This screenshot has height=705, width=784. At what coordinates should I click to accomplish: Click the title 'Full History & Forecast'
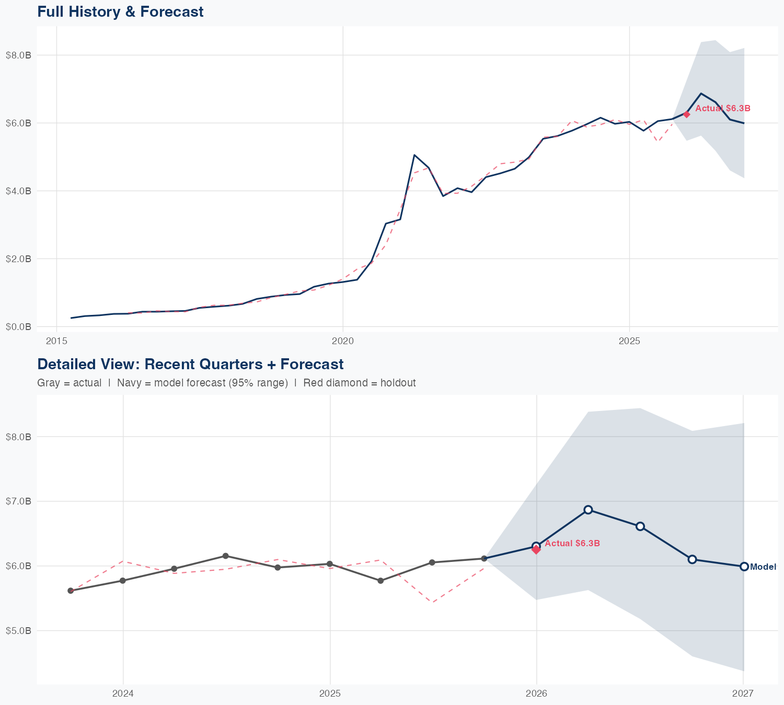(x=120, y=11)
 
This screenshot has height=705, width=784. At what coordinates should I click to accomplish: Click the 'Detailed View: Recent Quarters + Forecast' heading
(x=190, y=364)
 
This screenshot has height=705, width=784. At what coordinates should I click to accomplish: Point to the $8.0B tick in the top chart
(x=18, y=55)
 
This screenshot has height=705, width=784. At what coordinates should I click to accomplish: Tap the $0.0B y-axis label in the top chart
(x=18, y=326)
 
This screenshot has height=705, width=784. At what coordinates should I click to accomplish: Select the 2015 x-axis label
(x=56, y=341)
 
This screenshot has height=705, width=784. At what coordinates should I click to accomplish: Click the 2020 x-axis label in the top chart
(x=343, y=341)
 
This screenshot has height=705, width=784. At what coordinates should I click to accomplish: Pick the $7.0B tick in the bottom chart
(x=18, y=501)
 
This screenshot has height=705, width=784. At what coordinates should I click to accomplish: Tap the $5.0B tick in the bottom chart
(x=18, y=630)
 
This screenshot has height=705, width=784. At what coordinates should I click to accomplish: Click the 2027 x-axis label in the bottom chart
(x=743, y=694)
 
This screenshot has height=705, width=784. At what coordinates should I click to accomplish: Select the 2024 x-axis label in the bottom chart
(x=123, y=694)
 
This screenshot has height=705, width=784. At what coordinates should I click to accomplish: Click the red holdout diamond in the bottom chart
(x=536, y=549)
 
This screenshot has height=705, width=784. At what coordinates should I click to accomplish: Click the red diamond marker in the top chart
(x=687, y=114)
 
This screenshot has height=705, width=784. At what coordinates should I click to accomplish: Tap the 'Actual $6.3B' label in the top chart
(x=722, y=109)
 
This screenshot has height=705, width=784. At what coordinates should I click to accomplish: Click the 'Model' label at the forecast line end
(x=763, y=567)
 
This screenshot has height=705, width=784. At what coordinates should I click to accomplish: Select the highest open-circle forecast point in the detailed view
(x=588, y=510)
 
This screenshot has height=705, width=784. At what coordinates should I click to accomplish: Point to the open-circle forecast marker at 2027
(x=744, y=567)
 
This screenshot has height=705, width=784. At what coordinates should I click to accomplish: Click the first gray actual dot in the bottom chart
(x=71, y=591)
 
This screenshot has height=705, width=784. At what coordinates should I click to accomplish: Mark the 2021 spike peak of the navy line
(x=414, y=155)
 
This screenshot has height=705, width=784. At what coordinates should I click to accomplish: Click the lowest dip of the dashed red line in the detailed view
(x=432, y=602)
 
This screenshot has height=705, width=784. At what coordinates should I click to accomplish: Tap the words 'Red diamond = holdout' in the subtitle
(x=359, y=383)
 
